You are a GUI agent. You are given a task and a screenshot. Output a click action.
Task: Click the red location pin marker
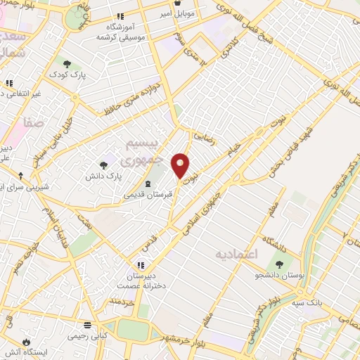pyautogui.click(x=181, y=165)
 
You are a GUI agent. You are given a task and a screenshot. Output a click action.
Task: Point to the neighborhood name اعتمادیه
pyautogui.click(x=245, y=252)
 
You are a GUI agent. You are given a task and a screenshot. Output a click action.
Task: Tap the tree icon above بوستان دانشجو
pyautogui.click(x=279, y=265)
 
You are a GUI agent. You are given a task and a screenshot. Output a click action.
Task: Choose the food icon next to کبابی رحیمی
pyautogui.click(x=87, y=326)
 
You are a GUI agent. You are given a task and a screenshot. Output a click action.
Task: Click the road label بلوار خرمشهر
pyautogui.click(x=186, y=333)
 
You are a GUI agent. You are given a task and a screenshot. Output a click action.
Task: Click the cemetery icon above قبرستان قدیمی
pyautogui.click(x=147, y=183)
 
